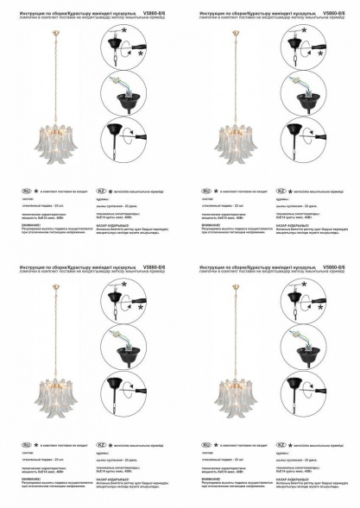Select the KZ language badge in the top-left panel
click(102, 189)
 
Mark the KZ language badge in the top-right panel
click(281, 189)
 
